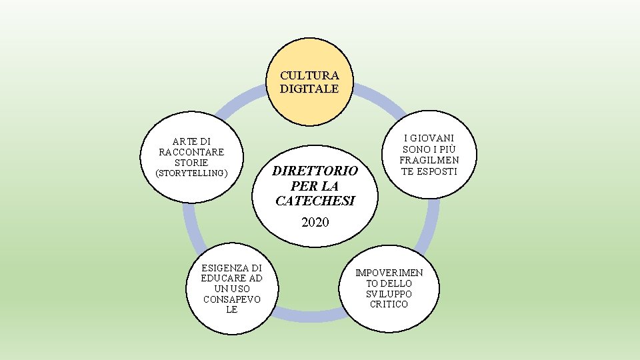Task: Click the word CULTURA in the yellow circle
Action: (309, 76)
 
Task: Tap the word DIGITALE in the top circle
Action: (309, 88)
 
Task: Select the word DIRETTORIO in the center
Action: (315, 171)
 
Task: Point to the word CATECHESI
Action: (315, 200)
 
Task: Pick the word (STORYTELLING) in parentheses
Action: (191, 173)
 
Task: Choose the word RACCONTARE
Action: (191, 152)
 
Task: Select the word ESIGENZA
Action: (231, 267)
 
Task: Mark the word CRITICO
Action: (389, 304)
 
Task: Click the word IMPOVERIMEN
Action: (389, 273)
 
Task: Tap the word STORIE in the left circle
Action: (191, 163)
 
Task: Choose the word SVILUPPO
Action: (389, 294)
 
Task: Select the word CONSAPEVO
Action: (231, 299)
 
